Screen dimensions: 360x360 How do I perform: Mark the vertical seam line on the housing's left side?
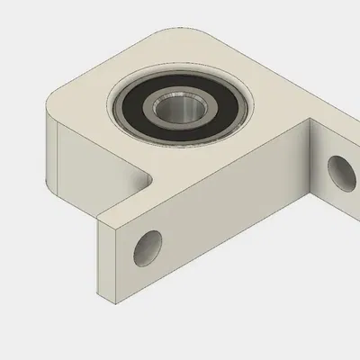pos(56,162)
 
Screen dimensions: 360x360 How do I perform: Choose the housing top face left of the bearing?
pos(85,108)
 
